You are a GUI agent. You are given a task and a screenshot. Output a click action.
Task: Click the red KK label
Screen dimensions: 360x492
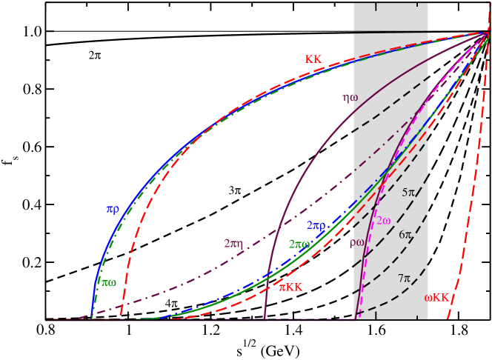click(x=313, y=59)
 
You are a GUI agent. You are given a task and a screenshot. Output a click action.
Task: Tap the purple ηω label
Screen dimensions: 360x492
click(x=350, y=97)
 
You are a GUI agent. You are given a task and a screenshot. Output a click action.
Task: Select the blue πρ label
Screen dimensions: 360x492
click(x=112, y=209)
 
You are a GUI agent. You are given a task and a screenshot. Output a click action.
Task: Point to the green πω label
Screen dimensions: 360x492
click(x=109, y=282)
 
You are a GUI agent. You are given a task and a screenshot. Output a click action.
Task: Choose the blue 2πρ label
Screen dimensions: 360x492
click(x=316, y=225)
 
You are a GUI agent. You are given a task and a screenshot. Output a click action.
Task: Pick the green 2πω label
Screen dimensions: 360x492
click(x=299, y=244)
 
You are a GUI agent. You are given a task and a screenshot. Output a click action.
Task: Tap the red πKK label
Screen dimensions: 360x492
click(x=290, y=287)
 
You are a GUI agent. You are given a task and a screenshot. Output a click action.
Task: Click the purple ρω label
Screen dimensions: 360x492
click(x=357, y=241)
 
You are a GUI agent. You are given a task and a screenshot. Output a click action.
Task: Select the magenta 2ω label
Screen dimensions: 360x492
click(x=383, y=221)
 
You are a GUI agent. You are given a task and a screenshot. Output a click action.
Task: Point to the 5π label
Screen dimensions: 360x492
click(x=408, y=193)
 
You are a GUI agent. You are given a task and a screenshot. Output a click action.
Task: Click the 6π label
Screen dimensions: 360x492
click(x=405, y=235)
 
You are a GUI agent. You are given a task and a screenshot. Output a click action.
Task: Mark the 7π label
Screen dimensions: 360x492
click(x=404, y=279)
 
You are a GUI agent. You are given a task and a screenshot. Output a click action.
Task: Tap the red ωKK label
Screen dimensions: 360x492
click(x=437, y=298)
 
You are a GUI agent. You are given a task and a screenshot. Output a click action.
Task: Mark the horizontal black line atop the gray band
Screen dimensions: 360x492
click(x=390, y=31)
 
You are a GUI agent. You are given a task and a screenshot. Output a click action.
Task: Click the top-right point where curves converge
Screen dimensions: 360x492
click(x=486, y=32)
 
